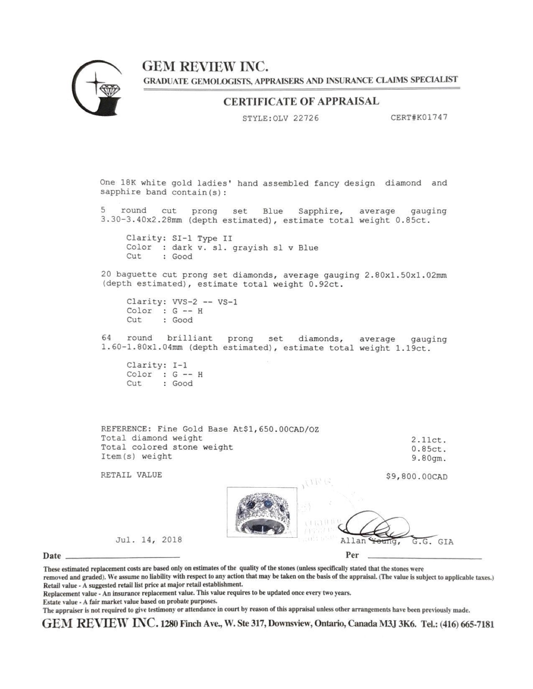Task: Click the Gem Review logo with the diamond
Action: click(x=98, y=88)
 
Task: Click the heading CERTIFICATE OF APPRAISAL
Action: click(x=301, y=101)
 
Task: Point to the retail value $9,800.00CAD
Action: click(x=416, y=477)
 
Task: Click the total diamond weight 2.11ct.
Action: click(x=429, y=440)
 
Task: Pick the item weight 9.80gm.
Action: click(x=429, y=458)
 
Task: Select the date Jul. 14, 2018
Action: click(x=149, y=540)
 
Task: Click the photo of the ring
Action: click(x=262, y=512)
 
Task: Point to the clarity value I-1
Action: click(x=180, y=365)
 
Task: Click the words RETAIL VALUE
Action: click(x=131, y=475)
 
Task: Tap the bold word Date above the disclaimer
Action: click(x=52, y=556)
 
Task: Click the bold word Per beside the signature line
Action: click(x=352, y=555)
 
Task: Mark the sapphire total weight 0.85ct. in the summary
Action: click(x=429, y=449)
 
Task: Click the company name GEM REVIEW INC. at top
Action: click(x=205, y=66)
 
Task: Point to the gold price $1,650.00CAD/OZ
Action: click(x=276, y=429)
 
